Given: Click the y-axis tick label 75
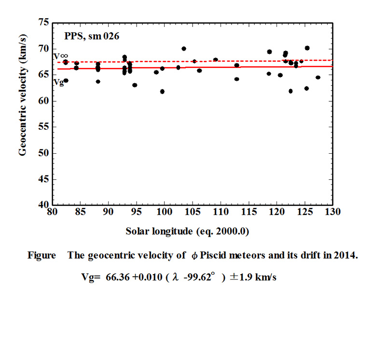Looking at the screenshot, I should point(43,23).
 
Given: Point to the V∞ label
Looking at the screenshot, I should point(60,56).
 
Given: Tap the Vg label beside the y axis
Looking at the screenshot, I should point(58,82).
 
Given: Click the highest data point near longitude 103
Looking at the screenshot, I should point(184,49).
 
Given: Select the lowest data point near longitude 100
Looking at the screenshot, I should point(162,92).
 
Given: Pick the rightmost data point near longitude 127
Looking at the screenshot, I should point(318,78).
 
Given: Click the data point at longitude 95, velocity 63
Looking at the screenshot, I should point(135,85).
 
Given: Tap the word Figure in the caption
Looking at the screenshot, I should point(41,255).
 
